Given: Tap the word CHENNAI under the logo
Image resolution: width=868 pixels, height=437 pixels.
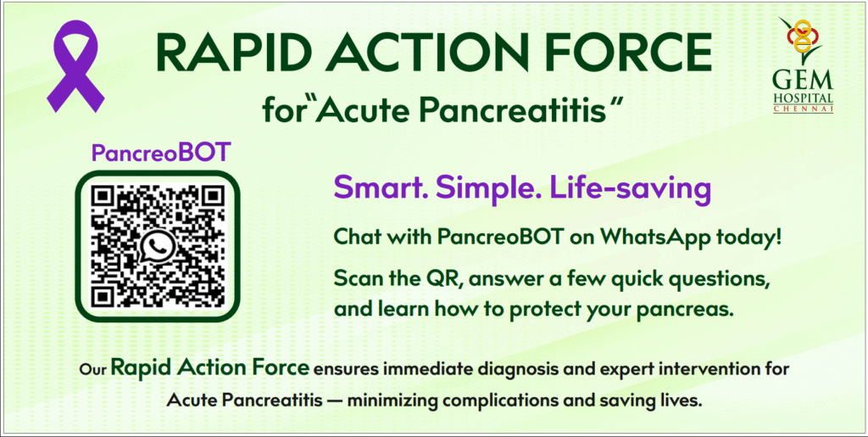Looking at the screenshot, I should click(x=803, y=109).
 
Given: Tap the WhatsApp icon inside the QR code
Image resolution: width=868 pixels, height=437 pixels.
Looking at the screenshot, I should click(x=159, y=247).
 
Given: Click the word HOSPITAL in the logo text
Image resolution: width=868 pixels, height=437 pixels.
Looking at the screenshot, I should click(x=803, y=98).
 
